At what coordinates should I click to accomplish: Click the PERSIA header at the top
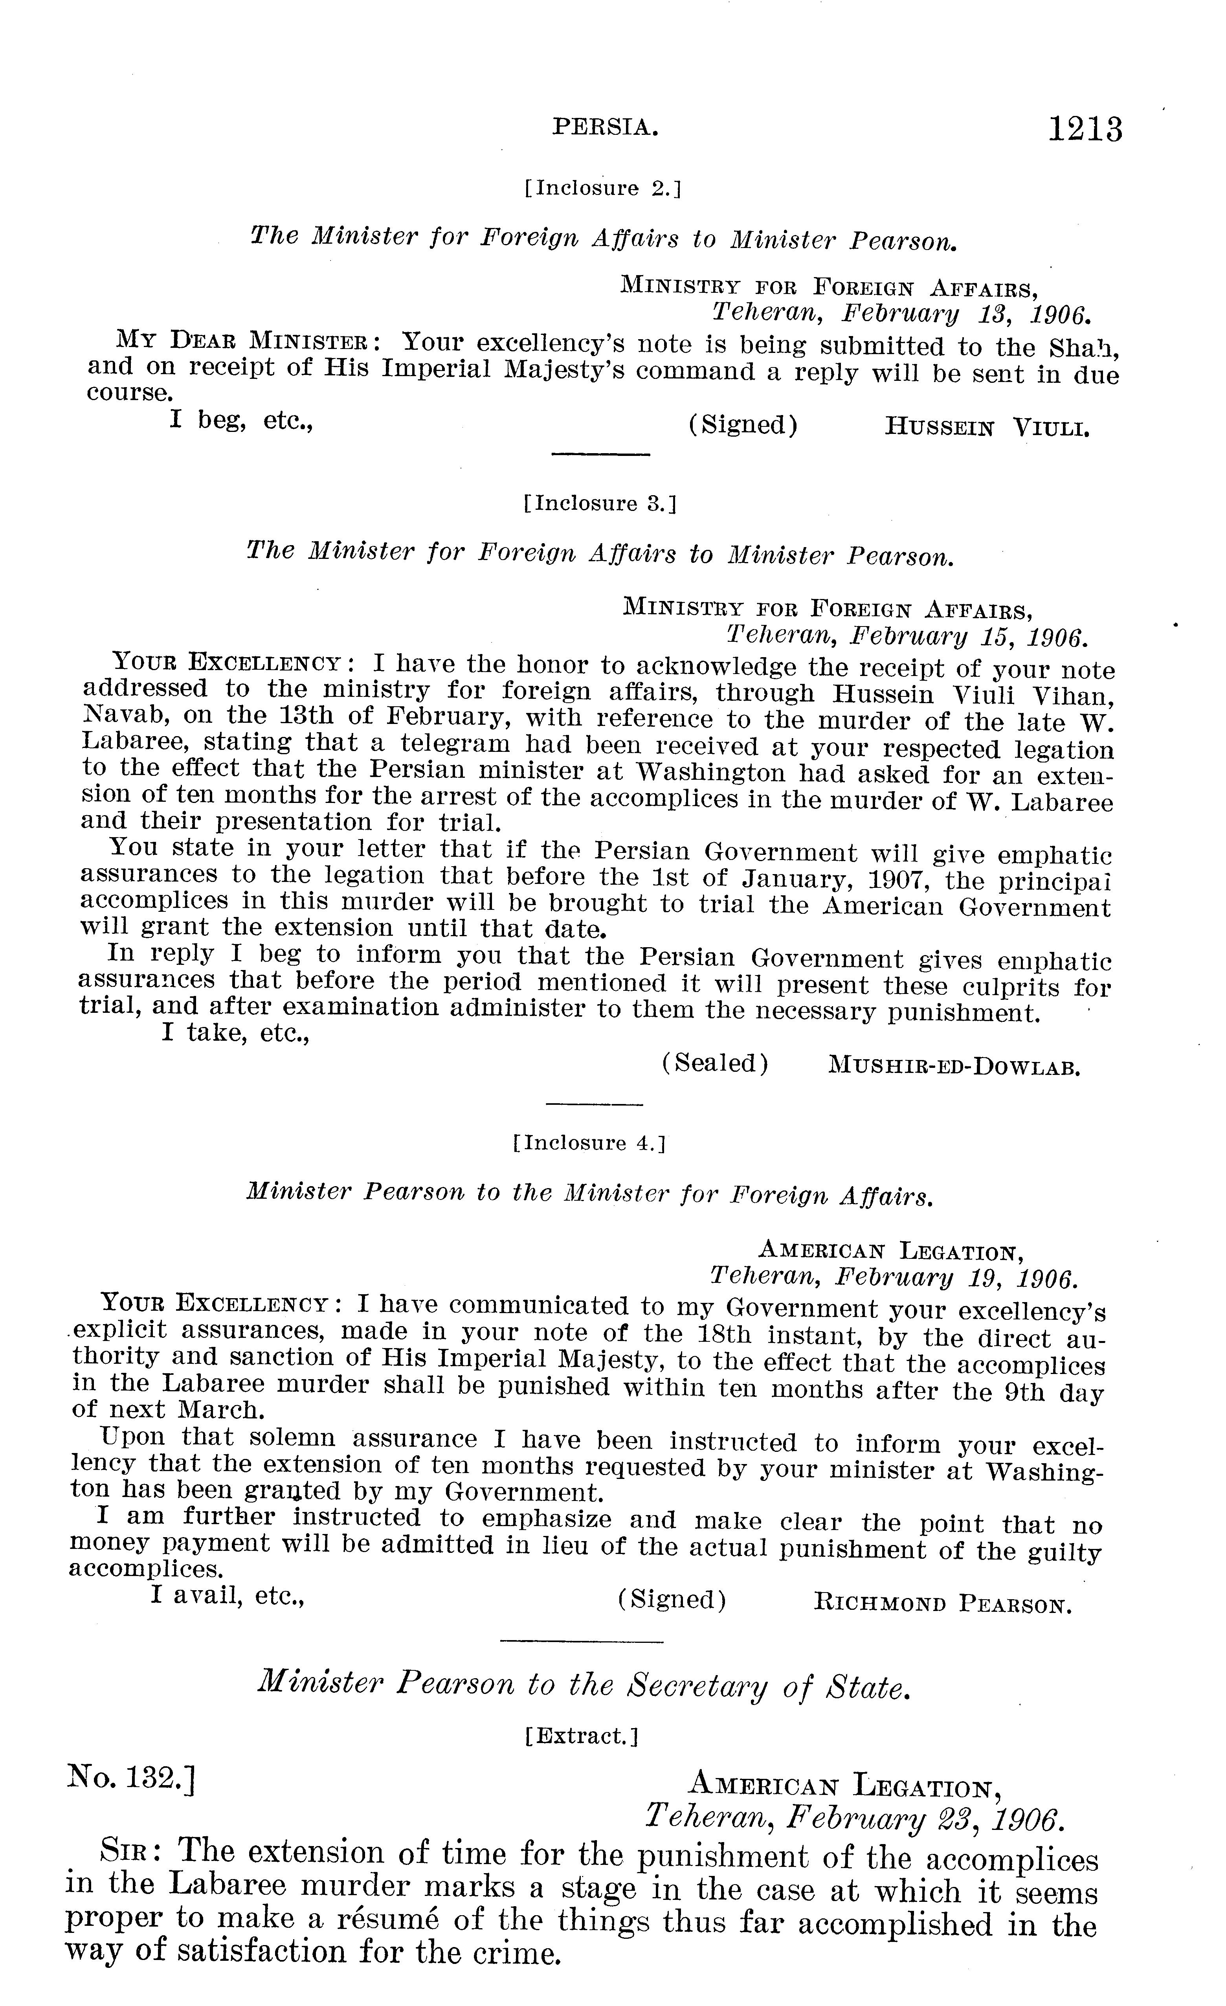(x=605, y=127)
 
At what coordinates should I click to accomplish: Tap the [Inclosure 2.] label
(x=602, y=189)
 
